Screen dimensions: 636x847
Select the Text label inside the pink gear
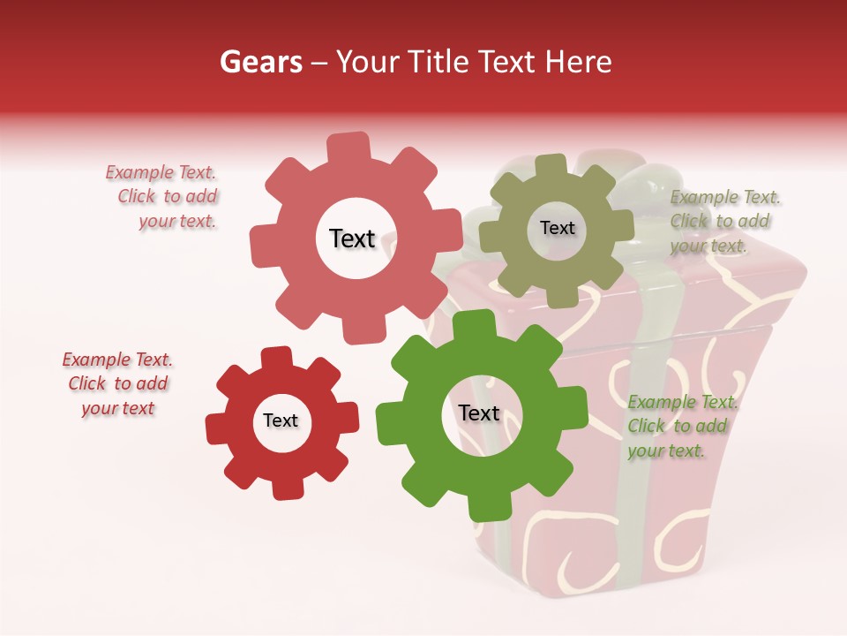pyautogui.click(x=352, y=238)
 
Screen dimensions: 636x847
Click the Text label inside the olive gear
pyautogui.click(x=557, y=228)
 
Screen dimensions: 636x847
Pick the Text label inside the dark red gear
pyautogui.click(x=281, y=420)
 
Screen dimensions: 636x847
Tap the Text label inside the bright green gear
pyautogui.click(x=478, y=413)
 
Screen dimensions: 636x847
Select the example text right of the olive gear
pyautogui.click(x=725, y=221)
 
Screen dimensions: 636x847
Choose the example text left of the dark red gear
pyautogui.click(x=117, y=384)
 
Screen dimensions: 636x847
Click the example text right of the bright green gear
pyautogui.click(x=681, y=427)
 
